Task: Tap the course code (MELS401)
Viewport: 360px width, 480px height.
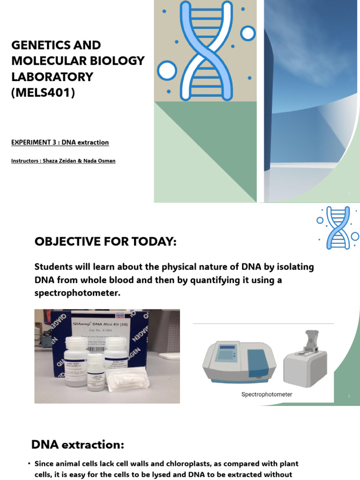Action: [x=43, y=93]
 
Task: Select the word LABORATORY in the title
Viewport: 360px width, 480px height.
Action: [x=52, y=77]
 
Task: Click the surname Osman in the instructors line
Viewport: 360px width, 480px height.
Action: [x=105, y=161]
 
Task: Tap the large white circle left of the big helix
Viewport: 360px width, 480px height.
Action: [x=167, y=70]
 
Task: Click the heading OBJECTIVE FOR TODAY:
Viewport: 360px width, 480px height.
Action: [x=105, y=242]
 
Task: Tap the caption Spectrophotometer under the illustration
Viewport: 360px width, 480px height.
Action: [x=266, y=395]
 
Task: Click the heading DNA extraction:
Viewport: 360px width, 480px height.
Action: [x=77, y=444]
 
